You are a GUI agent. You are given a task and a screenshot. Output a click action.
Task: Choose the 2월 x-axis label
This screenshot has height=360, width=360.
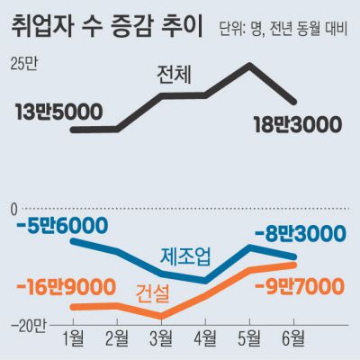point(117,339)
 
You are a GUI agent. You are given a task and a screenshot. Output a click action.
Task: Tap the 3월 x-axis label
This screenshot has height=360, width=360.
point(161,339)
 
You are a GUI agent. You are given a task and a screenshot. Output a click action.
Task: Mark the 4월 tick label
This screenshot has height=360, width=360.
point(205,339)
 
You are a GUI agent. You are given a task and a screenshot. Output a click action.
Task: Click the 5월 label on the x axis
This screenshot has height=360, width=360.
point(249,339)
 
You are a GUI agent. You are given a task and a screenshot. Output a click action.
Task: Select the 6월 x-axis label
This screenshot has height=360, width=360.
point(293,339)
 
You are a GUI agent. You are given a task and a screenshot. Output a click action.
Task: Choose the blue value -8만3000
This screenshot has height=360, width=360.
point(300,235)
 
